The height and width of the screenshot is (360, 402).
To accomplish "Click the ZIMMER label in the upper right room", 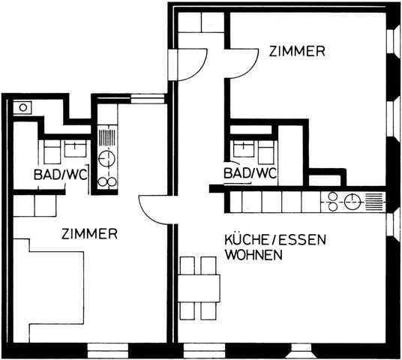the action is coord(297,51).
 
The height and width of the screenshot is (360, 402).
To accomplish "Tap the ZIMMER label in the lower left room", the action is coord(89,233).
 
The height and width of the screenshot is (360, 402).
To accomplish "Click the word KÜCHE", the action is coord(247,240).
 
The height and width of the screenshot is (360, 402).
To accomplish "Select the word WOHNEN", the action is coord(255,254).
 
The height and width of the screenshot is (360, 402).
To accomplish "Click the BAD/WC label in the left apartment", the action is coord(61,174).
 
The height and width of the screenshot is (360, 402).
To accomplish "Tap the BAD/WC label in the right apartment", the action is coord(250,173).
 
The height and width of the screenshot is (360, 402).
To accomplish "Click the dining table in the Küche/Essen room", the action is coord(199,288).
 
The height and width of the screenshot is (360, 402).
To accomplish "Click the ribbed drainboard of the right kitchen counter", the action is coord(373,201).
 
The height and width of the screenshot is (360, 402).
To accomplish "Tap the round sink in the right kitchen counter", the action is coord(352,201).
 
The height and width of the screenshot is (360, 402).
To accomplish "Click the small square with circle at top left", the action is coord(22,107).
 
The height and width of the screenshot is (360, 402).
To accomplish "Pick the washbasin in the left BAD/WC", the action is coord(74,148).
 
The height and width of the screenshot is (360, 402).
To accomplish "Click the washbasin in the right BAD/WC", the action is coord(242,148).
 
